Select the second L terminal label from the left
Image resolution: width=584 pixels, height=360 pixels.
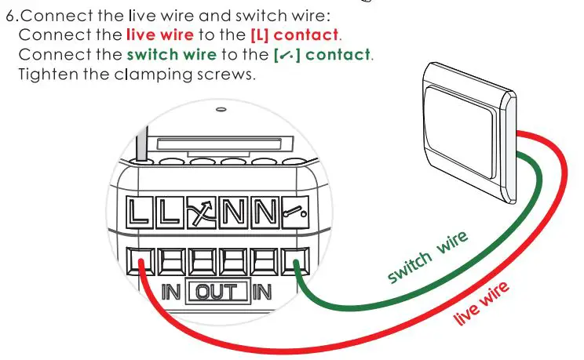point(169,213)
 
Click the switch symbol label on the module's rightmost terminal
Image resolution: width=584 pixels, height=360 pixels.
point(293,213)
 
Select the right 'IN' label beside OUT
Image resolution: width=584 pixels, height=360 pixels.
point(261,293)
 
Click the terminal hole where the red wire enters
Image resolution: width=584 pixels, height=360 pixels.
point(141,258)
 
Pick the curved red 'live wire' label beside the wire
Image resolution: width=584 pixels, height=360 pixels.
point(482,303)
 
